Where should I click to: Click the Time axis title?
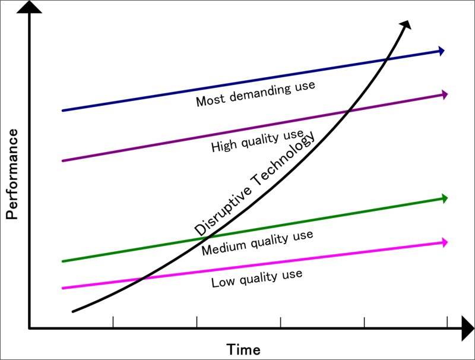point(243,349)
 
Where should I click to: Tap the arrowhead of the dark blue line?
point(442,51)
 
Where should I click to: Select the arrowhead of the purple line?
point(443,94)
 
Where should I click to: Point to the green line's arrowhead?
point(443,198)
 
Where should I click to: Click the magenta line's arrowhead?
point(443,242)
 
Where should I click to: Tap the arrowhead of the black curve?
point(406,24)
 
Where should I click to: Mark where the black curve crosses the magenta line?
point(141,279)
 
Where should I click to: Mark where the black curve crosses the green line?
point(198,239)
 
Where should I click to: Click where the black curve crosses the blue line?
point(387,59)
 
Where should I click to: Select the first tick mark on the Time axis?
point(113,322)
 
